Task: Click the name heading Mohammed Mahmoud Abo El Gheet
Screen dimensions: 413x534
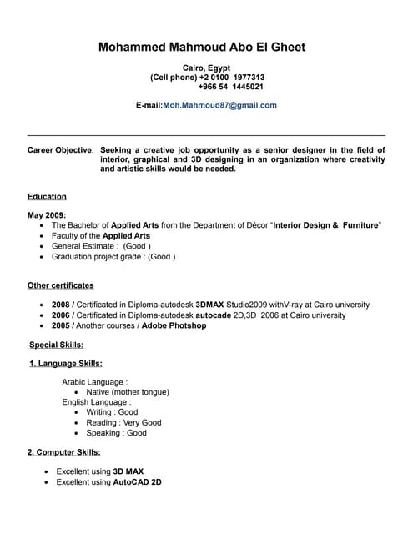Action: (x=202, y=47)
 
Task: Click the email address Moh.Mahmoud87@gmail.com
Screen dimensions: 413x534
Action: (x=219, y=106)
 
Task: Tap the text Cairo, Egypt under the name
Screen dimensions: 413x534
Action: (x=206, y=67)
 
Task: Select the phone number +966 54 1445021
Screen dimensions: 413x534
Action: (x=231, y=87)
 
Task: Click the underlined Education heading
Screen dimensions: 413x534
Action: (x=47, y=197)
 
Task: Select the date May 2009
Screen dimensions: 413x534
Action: (x=47, y=215)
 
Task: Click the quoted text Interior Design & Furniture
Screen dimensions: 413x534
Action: (x=326, y=225)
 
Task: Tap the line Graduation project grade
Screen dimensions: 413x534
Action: (x=113, y=257)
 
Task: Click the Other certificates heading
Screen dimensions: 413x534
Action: (x=61, y=285)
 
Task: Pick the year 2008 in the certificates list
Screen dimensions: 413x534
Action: (x=61, y=305)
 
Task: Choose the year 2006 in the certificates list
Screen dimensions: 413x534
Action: (x=61, y=315)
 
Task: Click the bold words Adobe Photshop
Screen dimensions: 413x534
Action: (x=174, y=325)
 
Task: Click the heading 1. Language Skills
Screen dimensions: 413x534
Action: (x=66, y=364)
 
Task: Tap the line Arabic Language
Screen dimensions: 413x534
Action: (x=94, y=381)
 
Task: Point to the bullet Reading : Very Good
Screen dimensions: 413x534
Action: (x=123, y=422)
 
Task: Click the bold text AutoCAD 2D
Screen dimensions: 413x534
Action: (x=138, y=482)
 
